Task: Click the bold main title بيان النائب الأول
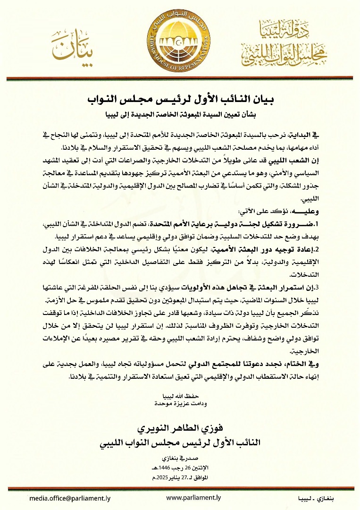pos(180,100)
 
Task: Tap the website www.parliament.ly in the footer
pos(193,498)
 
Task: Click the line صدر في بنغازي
pos(180,458)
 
